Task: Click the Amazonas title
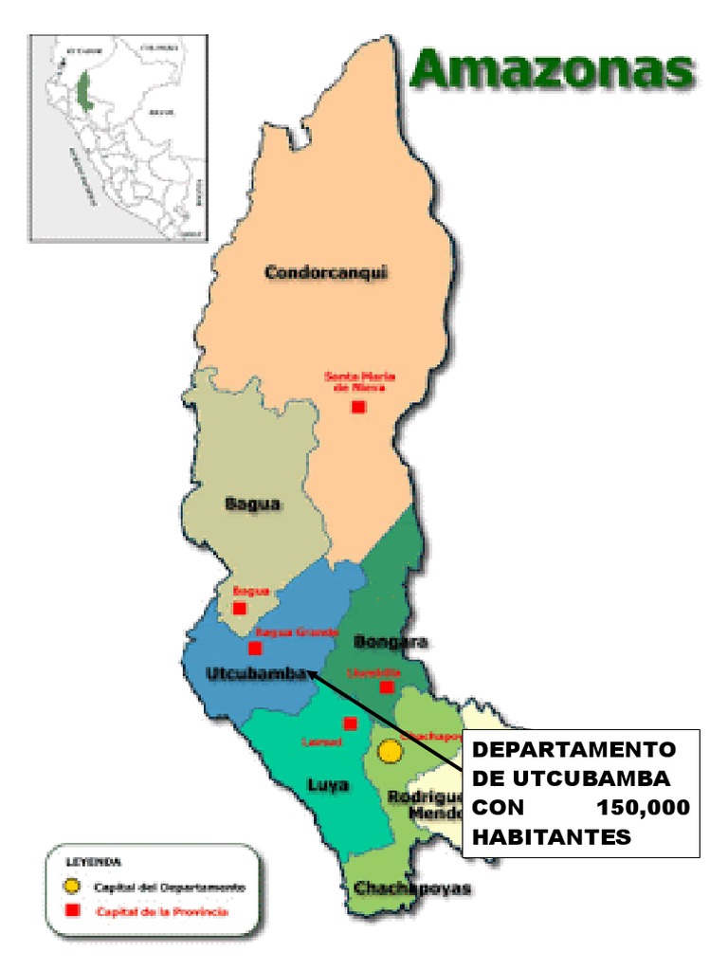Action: tap(552, 72)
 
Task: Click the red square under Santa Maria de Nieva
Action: tap(358, 407)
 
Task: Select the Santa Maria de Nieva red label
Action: tap(359, 381)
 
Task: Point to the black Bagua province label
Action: tap(252, 504)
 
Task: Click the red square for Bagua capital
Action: tap(240, 608)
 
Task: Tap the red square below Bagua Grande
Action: tap(255, 649)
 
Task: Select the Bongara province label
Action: tap(390, 643)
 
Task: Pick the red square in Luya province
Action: tap(350, 724)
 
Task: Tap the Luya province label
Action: tap(327, 785)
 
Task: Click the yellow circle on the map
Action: tap(390, 752)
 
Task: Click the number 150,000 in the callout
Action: tap(645, 809)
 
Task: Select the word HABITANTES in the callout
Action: tap(551, 837)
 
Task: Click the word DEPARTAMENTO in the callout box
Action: tap(574, 750)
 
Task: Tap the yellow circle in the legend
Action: tap(71, 887)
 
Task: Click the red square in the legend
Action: tap(71, 911)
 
